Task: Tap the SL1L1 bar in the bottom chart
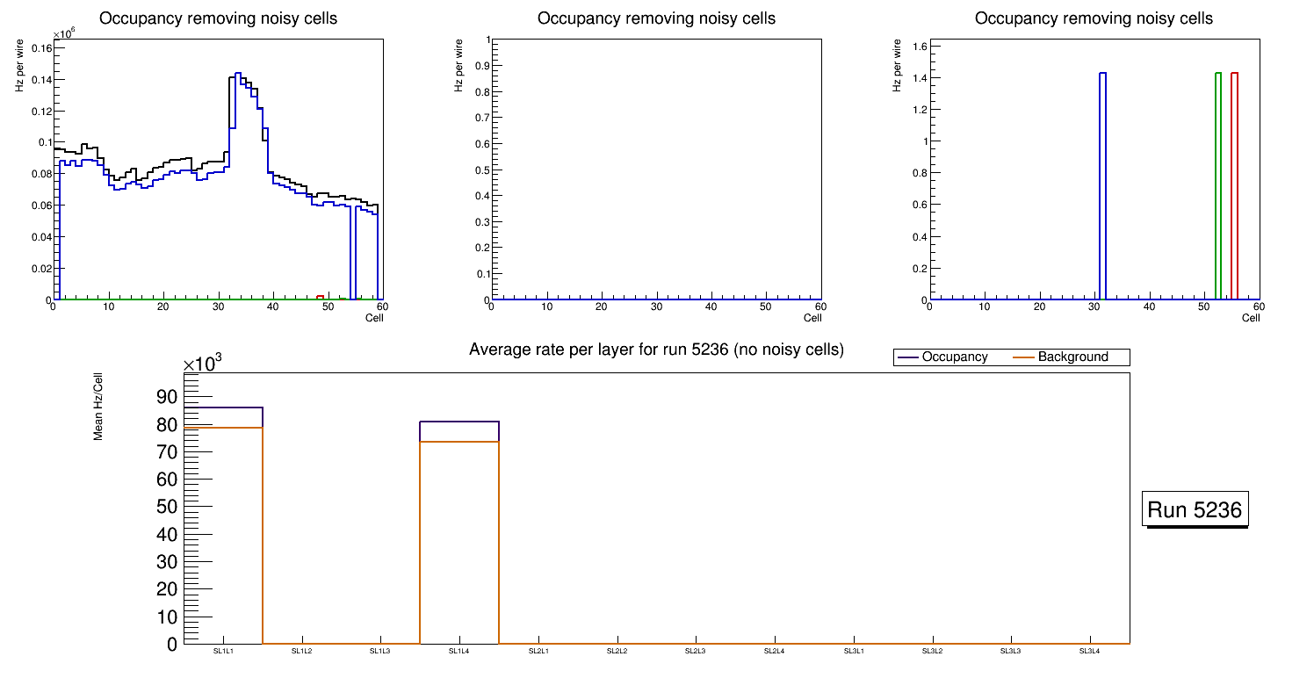[x=223, y=527]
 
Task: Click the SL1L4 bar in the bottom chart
[x=459, y=536]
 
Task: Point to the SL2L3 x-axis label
[x=696, y=651]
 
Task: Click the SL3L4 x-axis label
[x=1089, y=651]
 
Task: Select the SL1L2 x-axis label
[x=302, y=651]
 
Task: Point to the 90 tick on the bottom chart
[x=166, y=397]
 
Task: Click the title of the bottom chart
[x=656, y=350]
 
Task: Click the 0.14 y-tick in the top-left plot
[x=40, y=80]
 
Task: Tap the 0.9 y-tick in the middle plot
[x=481, y=66]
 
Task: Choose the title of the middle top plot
[x=656, y=18]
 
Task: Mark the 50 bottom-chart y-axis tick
[x=166, y=507]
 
